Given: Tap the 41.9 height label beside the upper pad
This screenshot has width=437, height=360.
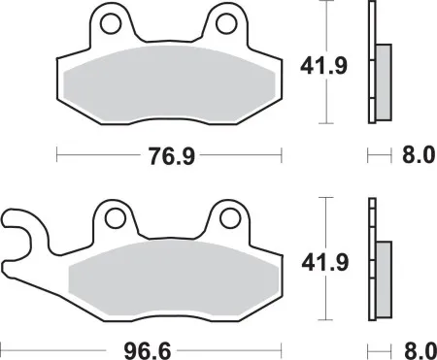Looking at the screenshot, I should pyautogui.click(x=317, y=66).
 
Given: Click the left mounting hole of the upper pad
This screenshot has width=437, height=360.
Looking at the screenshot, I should pyautogui.click(x=112, y=22).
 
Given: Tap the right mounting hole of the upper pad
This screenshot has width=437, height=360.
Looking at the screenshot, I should pyautogui.click(x=226, y=22).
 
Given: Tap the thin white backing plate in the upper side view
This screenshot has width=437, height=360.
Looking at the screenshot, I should pyautogui.click(x=371, y=63).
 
